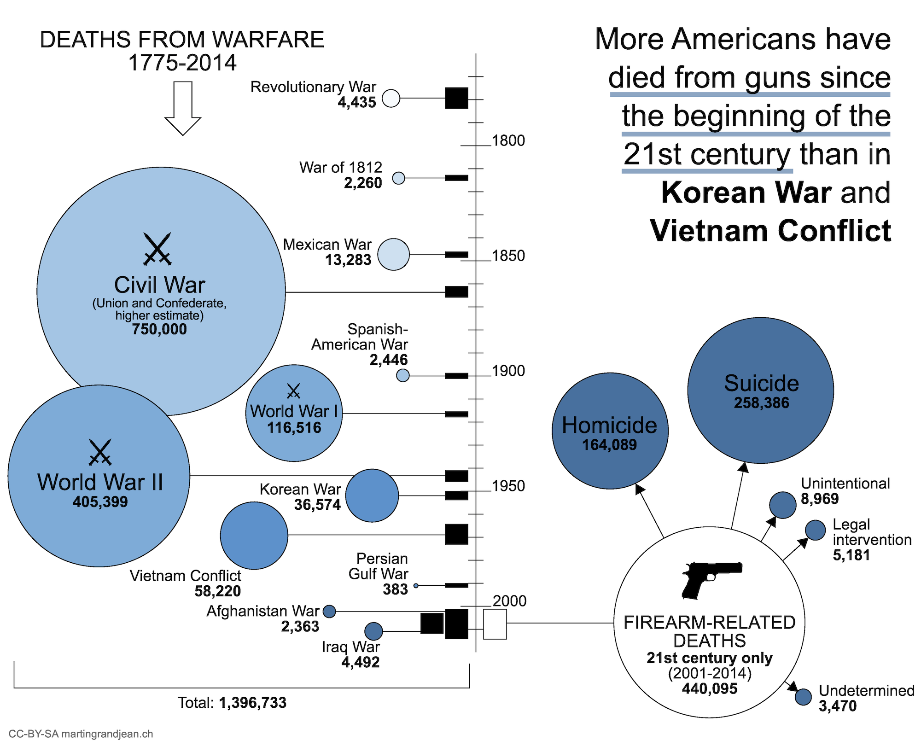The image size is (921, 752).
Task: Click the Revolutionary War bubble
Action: pyautogui.click(x=391, y=98)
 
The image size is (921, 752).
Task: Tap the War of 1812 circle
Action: pyautogui.click(x=398, y=178)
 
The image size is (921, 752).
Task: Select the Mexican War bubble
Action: pyautogui.click(x=393, y=254)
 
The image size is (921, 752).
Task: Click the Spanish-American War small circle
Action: pyautogui.click(x=402, y=375)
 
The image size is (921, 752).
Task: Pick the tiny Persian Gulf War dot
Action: pyautogui.click(x=416, y=586)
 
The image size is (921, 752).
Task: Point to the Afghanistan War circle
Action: pyautogui.click(x=329, y=612)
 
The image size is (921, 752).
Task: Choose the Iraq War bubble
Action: pyautogui.click(x=373, y=631)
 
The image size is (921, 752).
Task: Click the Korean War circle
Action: pyautogui.click(x=372, y=496)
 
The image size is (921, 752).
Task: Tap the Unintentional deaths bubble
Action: pyautogui.click(x=782, y=505)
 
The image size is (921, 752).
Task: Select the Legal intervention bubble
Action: pyautogui.click(x=815, y=530)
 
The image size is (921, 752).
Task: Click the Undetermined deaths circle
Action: pyautogui.click(x=803, y=697)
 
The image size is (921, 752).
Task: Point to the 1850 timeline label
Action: pyautogui.click(x=508, y=256)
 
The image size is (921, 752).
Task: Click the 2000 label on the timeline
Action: pyautogui.click(x=509, y=601)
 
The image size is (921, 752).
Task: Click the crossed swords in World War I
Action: pyautogui.click(x=293, y=391)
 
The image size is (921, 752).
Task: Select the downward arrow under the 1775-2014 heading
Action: pyautogui.click(x=183, y=109)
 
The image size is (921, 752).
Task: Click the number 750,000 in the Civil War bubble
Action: pyautogui.click(x=159, y=329)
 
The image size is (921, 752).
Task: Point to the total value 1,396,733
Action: pyautogui.click(x=252, y=703)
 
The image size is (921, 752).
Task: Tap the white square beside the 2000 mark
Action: pyautogui.click(x=495, y=624)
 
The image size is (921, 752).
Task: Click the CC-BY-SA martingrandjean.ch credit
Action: pyautogui.click(x=81, y=734)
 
